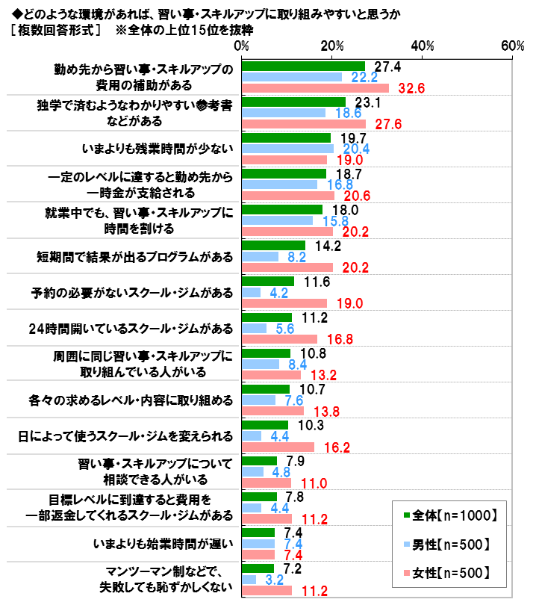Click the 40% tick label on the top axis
point(422,46)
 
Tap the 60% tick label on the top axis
point(513,46)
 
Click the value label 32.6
point(411,88)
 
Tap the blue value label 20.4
point(355,149)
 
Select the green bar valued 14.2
point(274,245)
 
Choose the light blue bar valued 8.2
point(261,256)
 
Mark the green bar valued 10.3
point(265,425)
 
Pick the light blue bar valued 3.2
point(249,579)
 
